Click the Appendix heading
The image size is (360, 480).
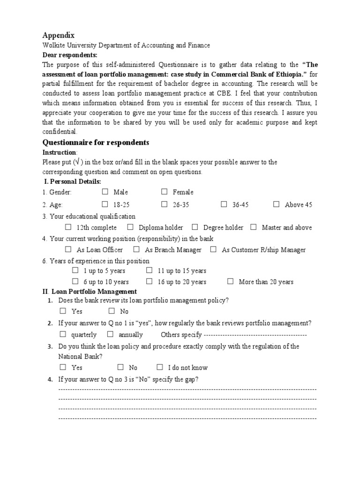pyautogui.click(x=59, y=35)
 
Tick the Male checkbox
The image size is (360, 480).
pyautogui.click(x=105, y=192)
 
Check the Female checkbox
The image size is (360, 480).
pyautogui.click(x=165, y=192)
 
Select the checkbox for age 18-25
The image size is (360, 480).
pyautogui.click(x=105, y=204)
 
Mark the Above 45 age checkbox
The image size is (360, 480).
pyautogui.click(x=277, y=204)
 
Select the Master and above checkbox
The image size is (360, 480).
pyautogui.click(x=254, y=227)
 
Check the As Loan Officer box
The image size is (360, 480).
pyautogui.click(x=69, y=250)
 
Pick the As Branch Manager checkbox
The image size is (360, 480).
pyautogui.click(x=136, y=250)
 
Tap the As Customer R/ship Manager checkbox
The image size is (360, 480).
pyautogui.click(x=213, y=250)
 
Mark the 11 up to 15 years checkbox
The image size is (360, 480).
pyautogui.click(x=149, y=270)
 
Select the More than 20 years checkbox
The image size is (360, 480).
pyautogui.click(x=230, y=282)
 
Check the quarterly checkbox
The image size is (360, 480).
pyautogui.click(x=63, y=335)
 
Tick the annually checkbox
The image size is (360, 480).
pyautogui.click(x=110, y=335)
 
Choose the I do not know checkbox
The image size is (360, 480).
pyautogui.click(x=160, y=367)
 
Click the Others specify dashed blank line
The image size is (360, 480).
pyautogui.click(x=255, y=335)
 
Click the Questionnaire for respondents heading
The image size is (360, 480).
pyautogui.click(x=96, y=142)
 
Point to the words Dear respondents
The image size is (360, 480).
pyautogui.click(x=70, y=55)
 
